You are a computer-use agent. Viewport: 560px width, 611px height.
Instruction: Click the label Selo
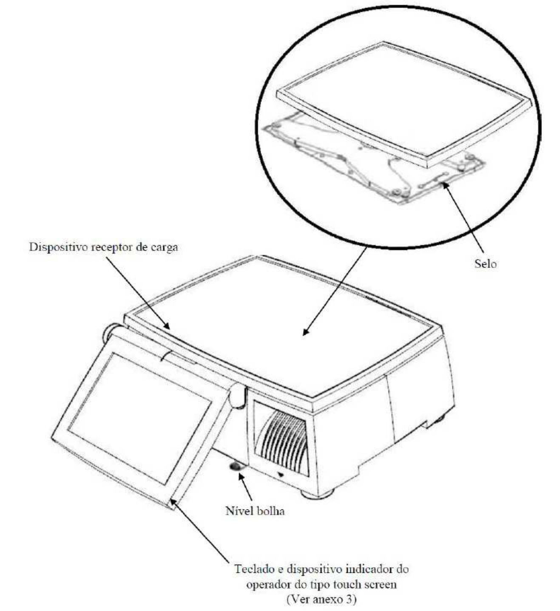(x=485, y=263)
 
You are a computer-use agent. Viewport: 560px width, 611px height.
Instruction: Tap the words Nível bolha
(x=255, y=511)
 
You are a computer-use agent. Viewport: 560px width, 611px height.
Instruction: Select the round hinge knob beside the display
(x=109, y=333)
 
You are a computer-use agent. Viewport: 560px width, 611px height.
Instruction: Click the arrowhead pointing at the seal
(x=446, y=186)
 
